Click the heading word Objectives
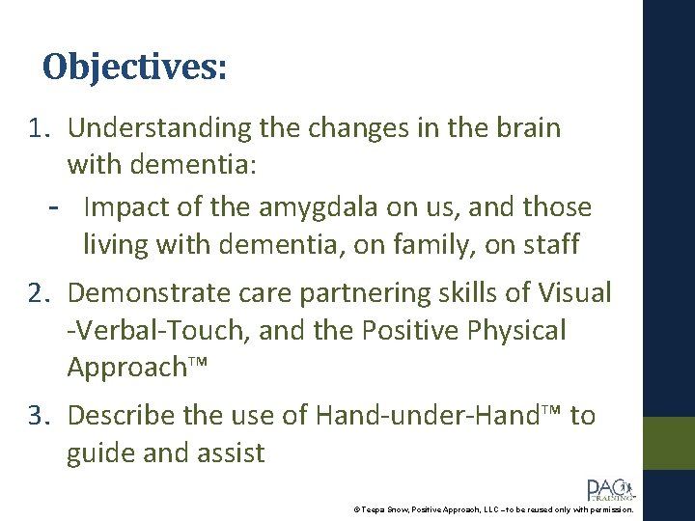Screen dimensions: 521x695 [135, 67]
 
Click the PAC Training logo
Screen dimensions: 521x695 [609, 490]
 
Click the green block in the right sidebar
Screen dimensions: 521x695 [669, 443]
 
